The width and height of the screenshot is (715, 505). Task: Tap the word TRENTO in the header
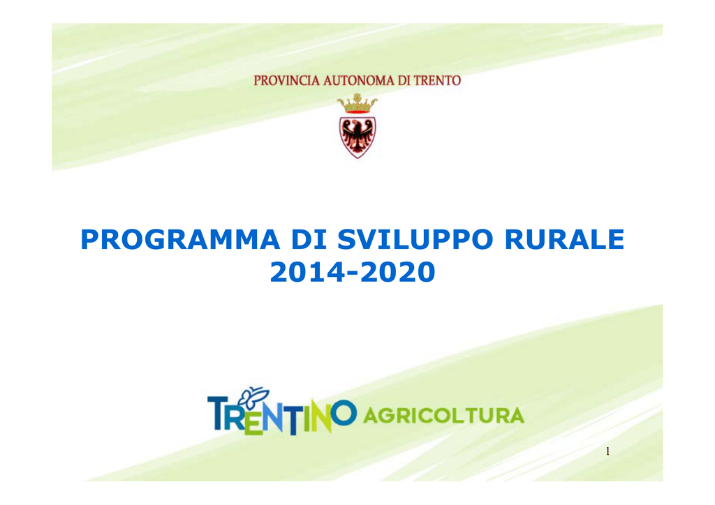click(437, 81)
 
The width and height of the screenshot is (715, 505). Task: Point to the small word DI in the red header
click(404, 81)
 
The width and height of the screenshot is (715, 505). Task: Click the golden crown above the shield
click(357, 104)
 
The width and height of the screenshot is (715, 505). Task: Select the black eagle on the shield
click(357, 135)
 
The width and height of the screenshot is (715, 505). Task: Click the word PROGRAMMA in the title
click(180, 239)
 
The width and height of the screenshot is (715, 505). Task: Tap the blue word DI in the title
click(309, 239)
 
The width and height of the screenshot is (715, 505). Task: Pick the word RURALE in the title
click(564, 239)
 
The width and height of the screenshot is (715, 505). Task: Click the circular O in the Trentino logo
click(344, 413)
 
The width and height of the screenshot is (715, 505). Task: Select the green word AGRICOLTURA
click(443, 416)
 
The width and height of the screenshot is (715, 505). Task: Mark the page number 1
click(607, 451)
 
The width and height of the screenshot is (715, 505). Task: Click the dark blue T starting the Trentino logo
click(218, 413)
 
